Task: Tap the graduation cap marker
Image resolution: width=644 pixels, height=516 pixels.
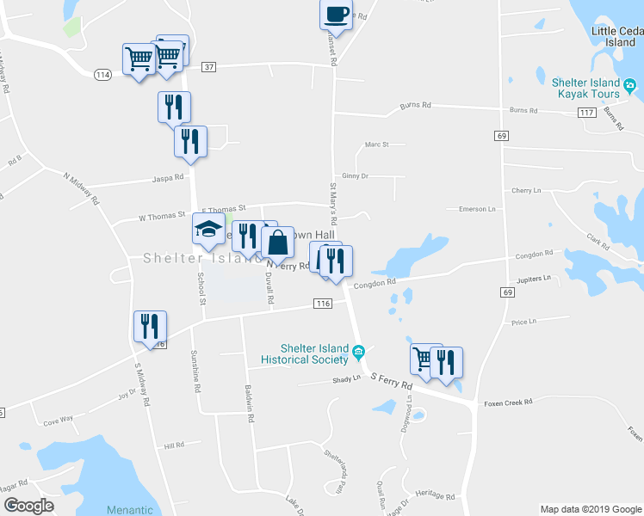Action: [208, 229]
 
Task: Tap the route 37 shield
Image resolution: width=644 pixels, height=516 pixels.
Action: [208, 67]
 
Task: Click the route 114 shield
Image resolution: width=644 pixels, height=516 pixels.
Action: [103, 75]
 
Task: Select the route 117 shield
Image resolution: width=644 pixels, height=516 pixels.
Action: [588, 113]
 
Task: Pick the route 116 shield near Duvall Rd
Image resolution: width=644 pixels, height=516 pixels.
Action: [324, 304]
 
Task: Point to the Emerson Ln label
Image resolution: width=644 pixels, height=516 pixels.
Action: [478, 209]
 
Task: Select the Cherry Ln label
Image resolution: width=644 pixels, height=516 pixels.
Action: [524, 190]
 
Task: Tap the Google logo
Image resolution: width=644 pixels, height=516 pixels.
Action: [28, 506]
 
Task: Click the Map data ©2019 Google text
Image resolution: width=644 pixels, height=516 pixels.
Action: [590, 509]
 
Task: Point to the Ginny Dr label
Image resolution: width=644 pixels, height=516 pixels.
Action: [353, 175]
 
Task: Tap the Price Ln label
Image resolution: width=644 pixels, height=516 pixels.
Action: [523, 322]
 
